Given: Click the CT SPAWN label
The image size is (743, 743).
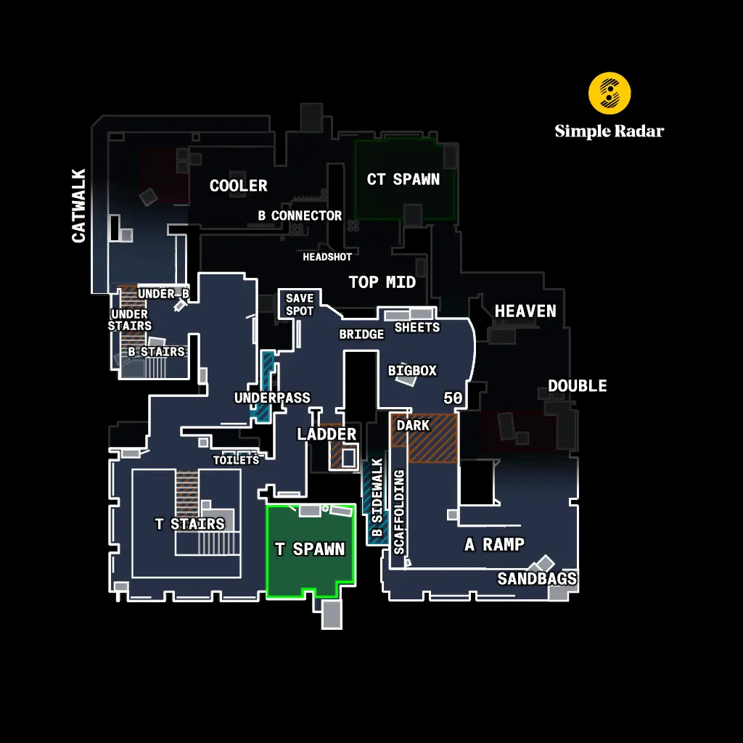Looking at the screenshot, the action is click(403, 179).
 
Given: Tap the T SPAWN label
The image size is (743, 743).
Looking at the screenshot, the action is click(310, 549).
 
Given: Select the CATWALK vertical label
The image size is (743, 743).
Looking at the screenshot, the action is click(79, 205).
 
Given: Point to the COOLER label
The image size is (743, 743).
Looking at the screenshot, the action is click(238, 186).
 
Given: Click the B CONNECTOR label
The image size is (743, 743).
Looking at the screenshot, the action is click(300, 215).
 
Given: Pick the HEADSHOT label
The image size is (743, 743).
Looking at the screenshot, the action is click(327, 257).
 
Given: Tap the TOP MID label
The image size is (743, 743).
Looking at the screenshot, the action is click(382, 282).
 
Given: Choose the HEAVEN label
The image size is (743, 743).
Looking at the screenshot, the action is click(525, 311).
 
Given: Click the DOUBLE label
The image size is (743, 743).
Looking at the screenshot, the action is click(578, 386).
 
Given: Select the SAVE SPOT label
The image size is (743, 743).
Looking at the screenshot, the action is click(300, 304).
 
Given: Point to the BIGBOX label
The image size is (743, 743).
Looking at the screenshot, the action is click(412, 371).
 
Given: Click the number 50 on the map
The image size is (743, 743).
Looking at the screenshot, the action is click(453, 398).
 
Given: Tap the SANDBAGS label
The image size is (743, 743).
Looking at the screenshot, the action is click(537, 578).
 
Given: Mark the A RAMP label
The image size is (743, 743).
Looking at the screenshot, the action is click(494, 544).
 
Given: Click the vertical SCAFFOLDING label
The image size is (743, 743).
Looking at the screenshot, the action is click(399, 512).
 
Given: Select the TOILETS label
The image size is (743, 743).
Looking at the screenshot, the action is click(236, 460).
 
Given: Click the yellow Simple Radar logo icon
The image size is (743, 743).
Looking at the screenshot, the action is click(609, 93).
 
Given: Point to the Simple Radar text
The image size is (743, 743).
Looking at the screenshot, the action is click(609, 131).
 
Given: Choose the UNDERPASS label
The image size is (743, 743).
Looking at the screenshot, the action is click(272, 398).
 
